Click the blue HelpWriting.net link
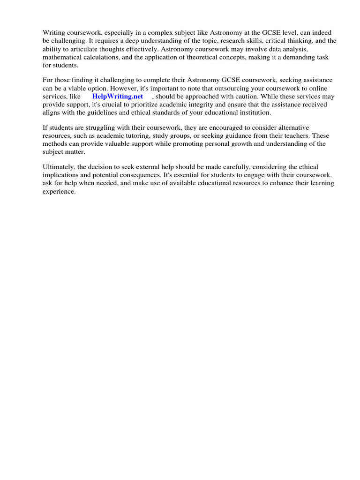(x=118, y=97)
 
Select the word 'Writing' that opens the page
(x=54, y=32)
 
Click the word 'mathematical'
(x=62, y=57)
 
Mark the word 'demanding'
(x=297, y=57)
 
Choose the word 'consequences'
(x=132, y=175)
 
